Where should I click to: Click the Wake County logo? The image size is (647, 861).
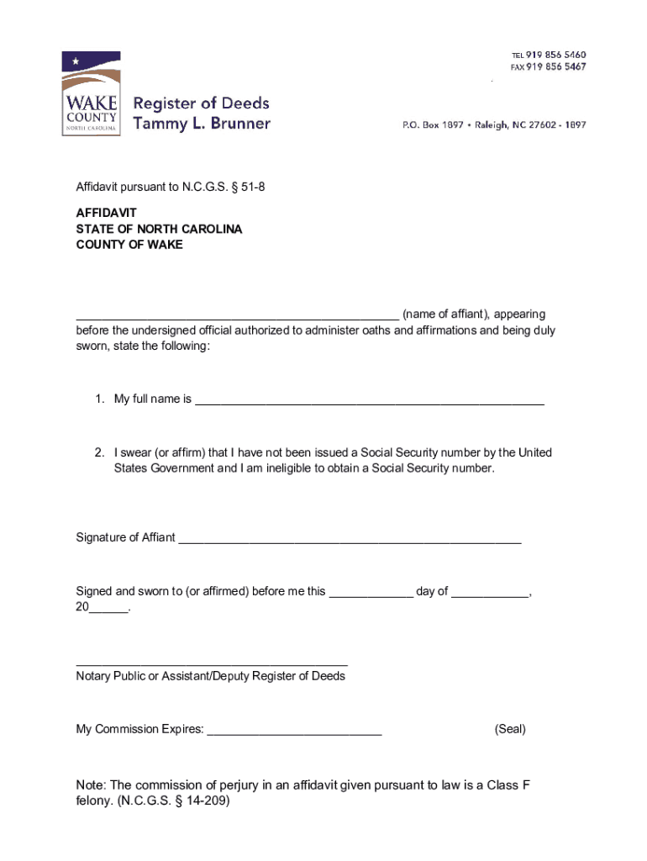pyautogui.click(x=91, y=94)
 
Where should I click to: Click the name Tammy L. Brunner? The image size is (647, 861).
pyautogui.click(x=202, y=124)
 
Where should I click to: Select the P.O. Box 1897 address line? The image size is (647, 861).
pyautogui.click(x=494, y=124)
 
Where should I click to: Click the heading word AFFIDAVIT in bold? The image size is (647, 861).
pyautogui.click(x=106, y=214)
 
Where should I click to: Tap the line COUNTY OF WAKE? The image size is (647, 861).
pyautogui.click(x=129, y=245)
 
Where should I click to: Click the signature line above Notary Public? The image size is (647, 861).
pyautogui.click(x=211, y=663)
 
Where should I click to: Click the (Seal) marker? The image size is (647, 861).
pyautogui.click(x=510, y=729)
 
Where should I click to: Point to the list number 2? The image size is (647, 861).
pyautogui.click(x=99, y=452)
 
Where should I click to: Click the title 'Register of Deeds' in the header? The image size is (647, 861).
pyautogui.click(x=202, y=103)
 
